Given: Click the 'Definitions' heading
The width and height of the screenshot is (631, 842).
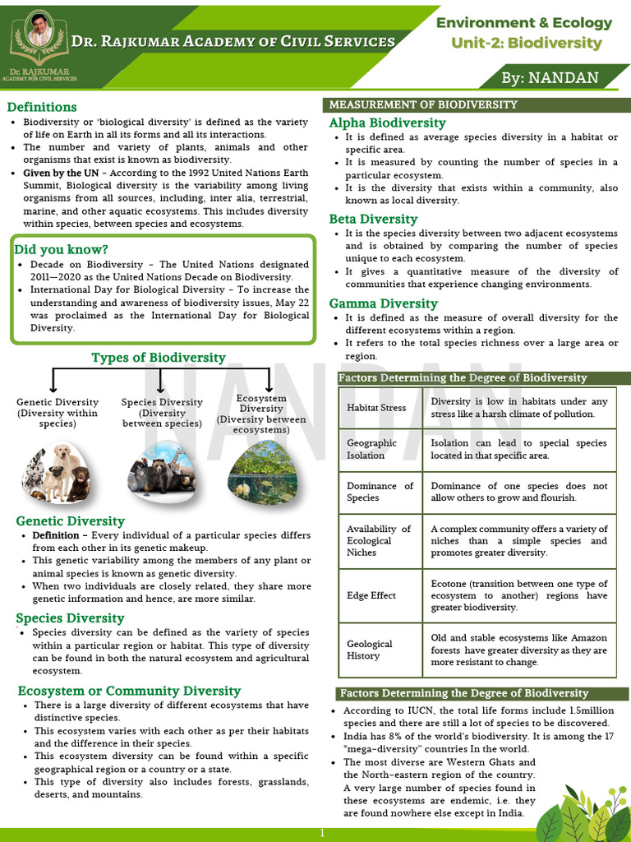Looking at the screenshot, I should [x=42, y=107].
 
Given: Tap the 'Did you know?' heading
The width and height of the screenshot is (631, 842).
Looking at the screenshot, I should [x=61, y=249].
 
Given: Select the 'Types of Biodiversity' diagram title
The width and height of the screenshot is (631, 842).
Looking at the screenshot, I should [x=158, y=358].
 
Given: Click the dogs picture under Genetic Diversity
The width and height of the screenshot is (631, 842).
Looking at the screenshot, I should [x=56, y=472].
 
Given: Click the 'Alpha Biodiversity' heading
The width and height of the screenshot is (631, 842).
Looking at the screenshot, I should [x=387, y=123].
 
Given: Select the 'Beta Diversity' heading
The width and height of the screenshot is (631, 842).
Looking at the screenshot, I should [x=373, y=220].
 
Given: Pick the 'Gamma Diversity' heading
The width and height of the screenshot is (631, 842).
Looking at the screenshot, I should [x=383, y=303].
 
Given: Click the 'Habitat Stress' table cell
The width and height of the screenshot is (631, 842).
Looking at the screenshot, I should [x=376, y=408].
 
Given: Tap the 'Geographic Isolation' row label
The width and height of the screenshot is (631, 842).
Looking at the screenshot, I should [x=372, y=449].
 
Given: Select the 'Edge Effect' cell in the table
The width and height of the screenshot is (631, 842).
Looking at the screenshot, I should [x=371, y=595].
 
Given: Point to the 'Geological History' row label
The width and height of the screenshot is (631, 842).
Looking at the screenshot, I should [x=370, y=650].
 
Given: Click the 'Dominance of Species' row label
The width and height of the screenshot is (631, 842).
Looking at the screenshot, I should [x=380, y=492].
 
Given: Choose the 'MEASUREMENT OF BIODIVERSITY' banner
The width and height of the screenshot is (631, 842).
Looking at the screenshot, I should [x=423, y=104].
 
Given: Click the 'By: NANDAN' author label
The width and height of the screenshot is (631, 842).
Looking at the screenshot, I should [x=551, y=78].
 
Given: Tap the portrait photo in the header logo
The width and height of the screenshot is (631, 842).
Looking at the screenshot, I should [x=38, y=30].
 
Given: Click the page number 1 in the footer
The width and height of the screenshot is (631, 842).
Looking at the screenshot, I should [x=323, y=833].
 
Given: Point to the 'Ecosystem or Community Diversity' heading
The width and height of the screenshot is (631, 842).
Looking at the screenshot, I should [x=129, y=691].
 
